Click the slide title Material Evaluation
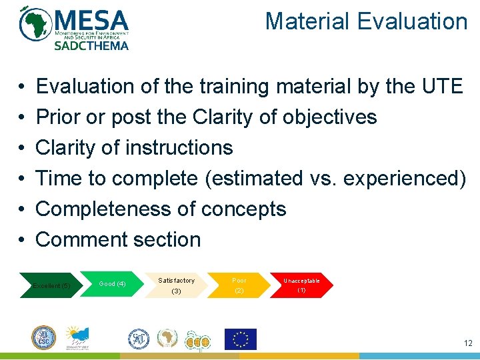pyautogui.click(x=366, y=21)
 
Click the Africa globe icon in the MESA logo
pyautogui.click(x=35, y=24)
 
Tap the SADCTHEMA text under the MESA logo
pyautogui.click(x=91, y=45)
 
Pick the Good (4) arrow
pyautogui.click(x=112, y=284)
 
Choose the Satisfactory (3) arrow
pyautogui.click(x=176, y=285)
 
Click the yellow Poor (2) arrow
pyautogui.click(x=239, y=285)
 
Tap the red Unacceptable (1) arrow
pyautogui.click(x=301, y=285)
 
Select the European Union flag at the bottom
pyautogui.click(x=240, y=339)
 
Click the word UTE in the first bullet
pyautogui.click(x=441, y=86)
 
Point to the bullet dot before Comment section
pyautogui.click(x=22, y=240)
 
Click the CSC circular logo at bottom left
pyautogui.click(x=43, y=338)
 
